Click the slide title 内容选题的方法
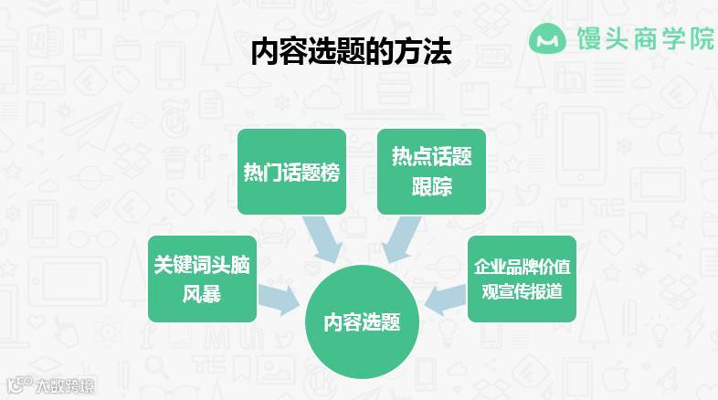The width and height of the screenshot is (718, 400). (x=352, y=53)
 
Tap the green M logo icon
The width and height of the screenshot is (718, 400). (x=547, y=39)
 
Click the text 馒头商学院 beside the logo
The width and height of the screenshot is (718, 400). (x=644, y=39)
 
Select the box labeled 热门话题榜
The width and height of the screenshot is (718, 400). (x=291, y=172)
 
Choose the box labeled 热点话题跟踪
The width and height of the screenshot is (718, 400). (x=431, y=172)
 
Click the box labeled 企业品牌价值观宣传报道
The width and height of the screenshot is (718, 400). (x=523, y=279)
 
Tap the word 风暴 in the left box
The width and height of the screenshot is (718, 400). (x=201, y=295)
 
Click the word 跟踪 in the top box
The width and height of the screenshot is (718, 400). (x=431, y=187)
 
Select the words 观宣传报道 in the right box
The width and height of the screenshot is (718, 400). (x=523, y=294)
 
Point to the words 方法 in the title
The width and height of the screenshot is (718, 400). (x=425, y=53)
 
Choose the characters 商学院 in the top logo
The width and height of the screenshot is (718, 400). (x=670, y=39)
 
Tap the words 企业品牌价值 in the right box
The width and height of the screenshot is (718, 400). (x=523, y=268)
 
